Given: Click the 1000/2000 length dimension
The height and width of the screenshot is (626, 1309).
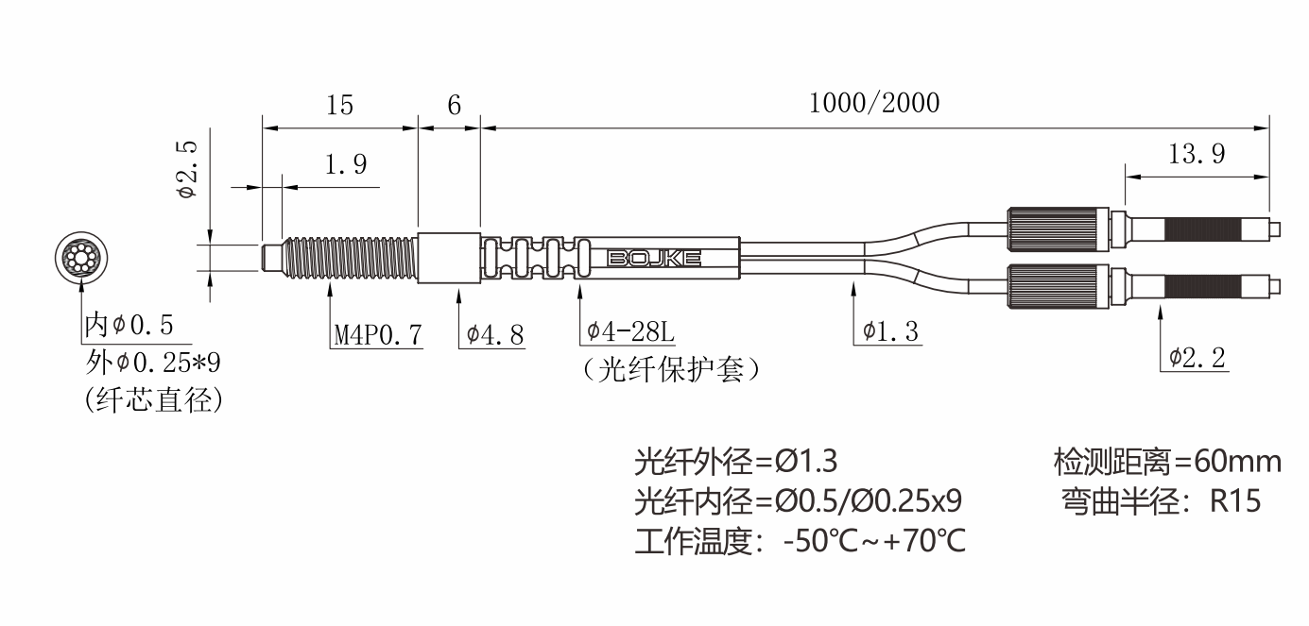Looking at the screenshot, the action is (x=874, y=103).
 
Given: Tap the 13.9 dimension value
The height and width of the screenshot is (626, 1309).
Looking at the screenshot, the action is (x=1197, y=154).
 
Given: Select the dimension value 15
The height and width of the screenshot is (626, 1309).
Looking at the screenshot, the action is (x=339, y=105).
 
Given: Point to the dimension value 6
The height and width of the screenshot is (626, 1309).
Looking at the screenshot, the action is (x=454, y=105).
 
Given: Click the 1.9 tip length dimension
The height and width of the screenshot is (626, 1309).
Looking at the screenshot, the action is (x=345, y=164).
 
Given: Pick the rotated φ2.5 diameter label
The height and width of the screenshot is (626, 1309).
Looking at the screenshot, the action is (x=188, y=170).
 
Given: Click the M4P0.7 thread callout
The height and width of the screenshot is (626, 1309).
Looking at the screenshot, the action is (x=377, y=334).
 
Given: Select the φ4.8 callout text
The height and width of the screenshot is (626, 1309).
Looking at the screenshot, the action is (x=494, y=334).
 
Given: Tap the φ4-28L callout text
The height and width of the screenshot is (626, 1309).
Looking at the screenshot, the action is (x=630, y=331).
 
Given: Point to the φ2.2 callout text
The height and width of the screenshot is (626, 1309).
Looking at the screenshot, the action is (x=1197, y=357).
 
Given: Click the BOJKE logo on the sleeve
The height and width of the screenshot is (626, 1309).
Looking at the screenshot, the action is (x=654, y=259).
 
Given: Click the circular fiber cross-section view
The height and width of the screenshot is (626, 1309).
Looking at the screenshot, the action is (x=81, y=257).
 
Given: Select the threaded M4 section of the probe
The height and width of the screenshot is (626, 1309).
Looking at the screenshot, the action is (x=351, y=259).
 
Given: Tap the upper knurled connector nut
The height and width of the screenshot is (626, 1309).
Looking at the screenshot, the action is (x=1059, y=228).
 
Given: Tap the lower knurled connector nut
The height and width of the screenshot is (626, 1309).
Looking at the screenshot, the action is (x=1059, y=286).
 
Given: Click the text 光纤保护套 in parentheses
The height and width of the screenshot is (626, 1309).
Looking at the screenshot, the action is (x=671, y=369).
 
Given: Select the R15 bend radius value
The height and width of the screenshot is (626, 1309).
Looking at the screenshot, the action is (x=1234, y=501).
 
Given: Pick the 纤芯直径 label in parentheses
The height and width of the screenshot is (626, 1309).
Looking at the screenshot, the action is (x=154, y=400).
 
